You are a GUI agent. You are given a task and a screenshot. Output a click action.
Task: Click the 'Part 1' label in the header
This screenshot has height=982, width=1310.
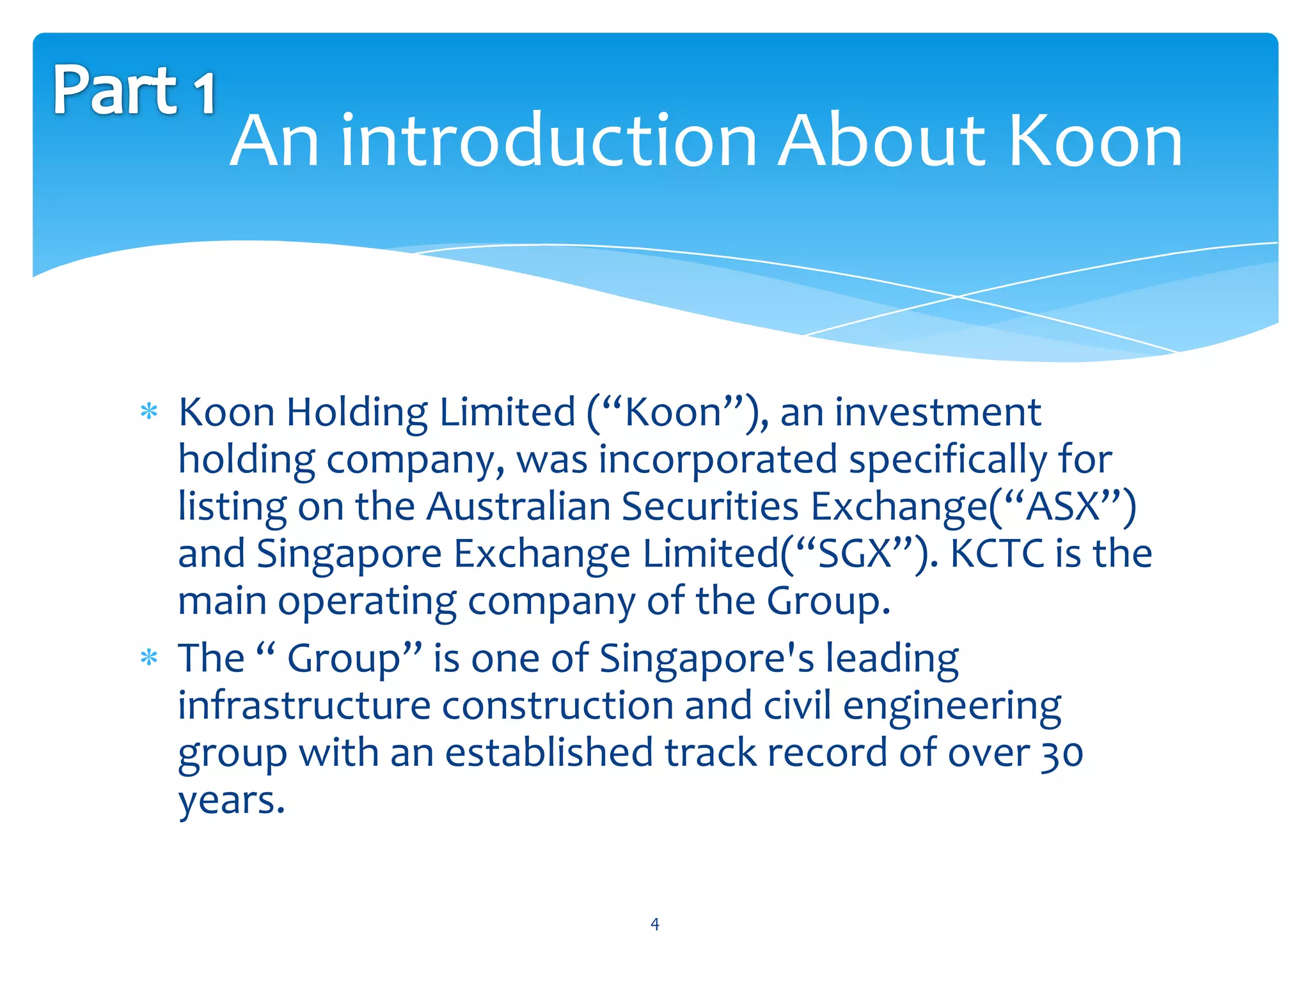click(134, 90)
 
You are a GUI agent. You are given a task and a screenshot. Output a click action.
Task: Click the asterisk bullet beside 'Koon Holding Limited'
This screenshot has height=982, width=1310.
click(149, 412)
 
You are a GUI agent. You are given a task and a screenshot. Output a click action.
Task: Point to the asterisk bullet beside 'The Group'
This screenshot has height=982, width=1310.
click(149, 658)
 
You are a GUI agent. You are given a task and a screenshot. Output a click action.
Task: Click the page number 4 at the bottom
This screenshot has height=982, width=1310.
click(654, 924)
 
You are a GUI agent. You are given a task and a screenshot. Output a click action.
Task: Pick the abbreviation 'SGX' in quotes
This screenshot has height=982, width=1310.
click(855, 554)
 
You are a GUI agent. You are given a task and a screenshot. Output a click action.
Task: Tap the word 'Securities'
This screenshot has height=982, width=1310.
click(710, 507)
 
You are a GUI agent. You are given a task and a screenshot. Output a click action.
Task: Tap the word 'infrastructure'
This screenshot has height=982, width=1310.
click(304, 706)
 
